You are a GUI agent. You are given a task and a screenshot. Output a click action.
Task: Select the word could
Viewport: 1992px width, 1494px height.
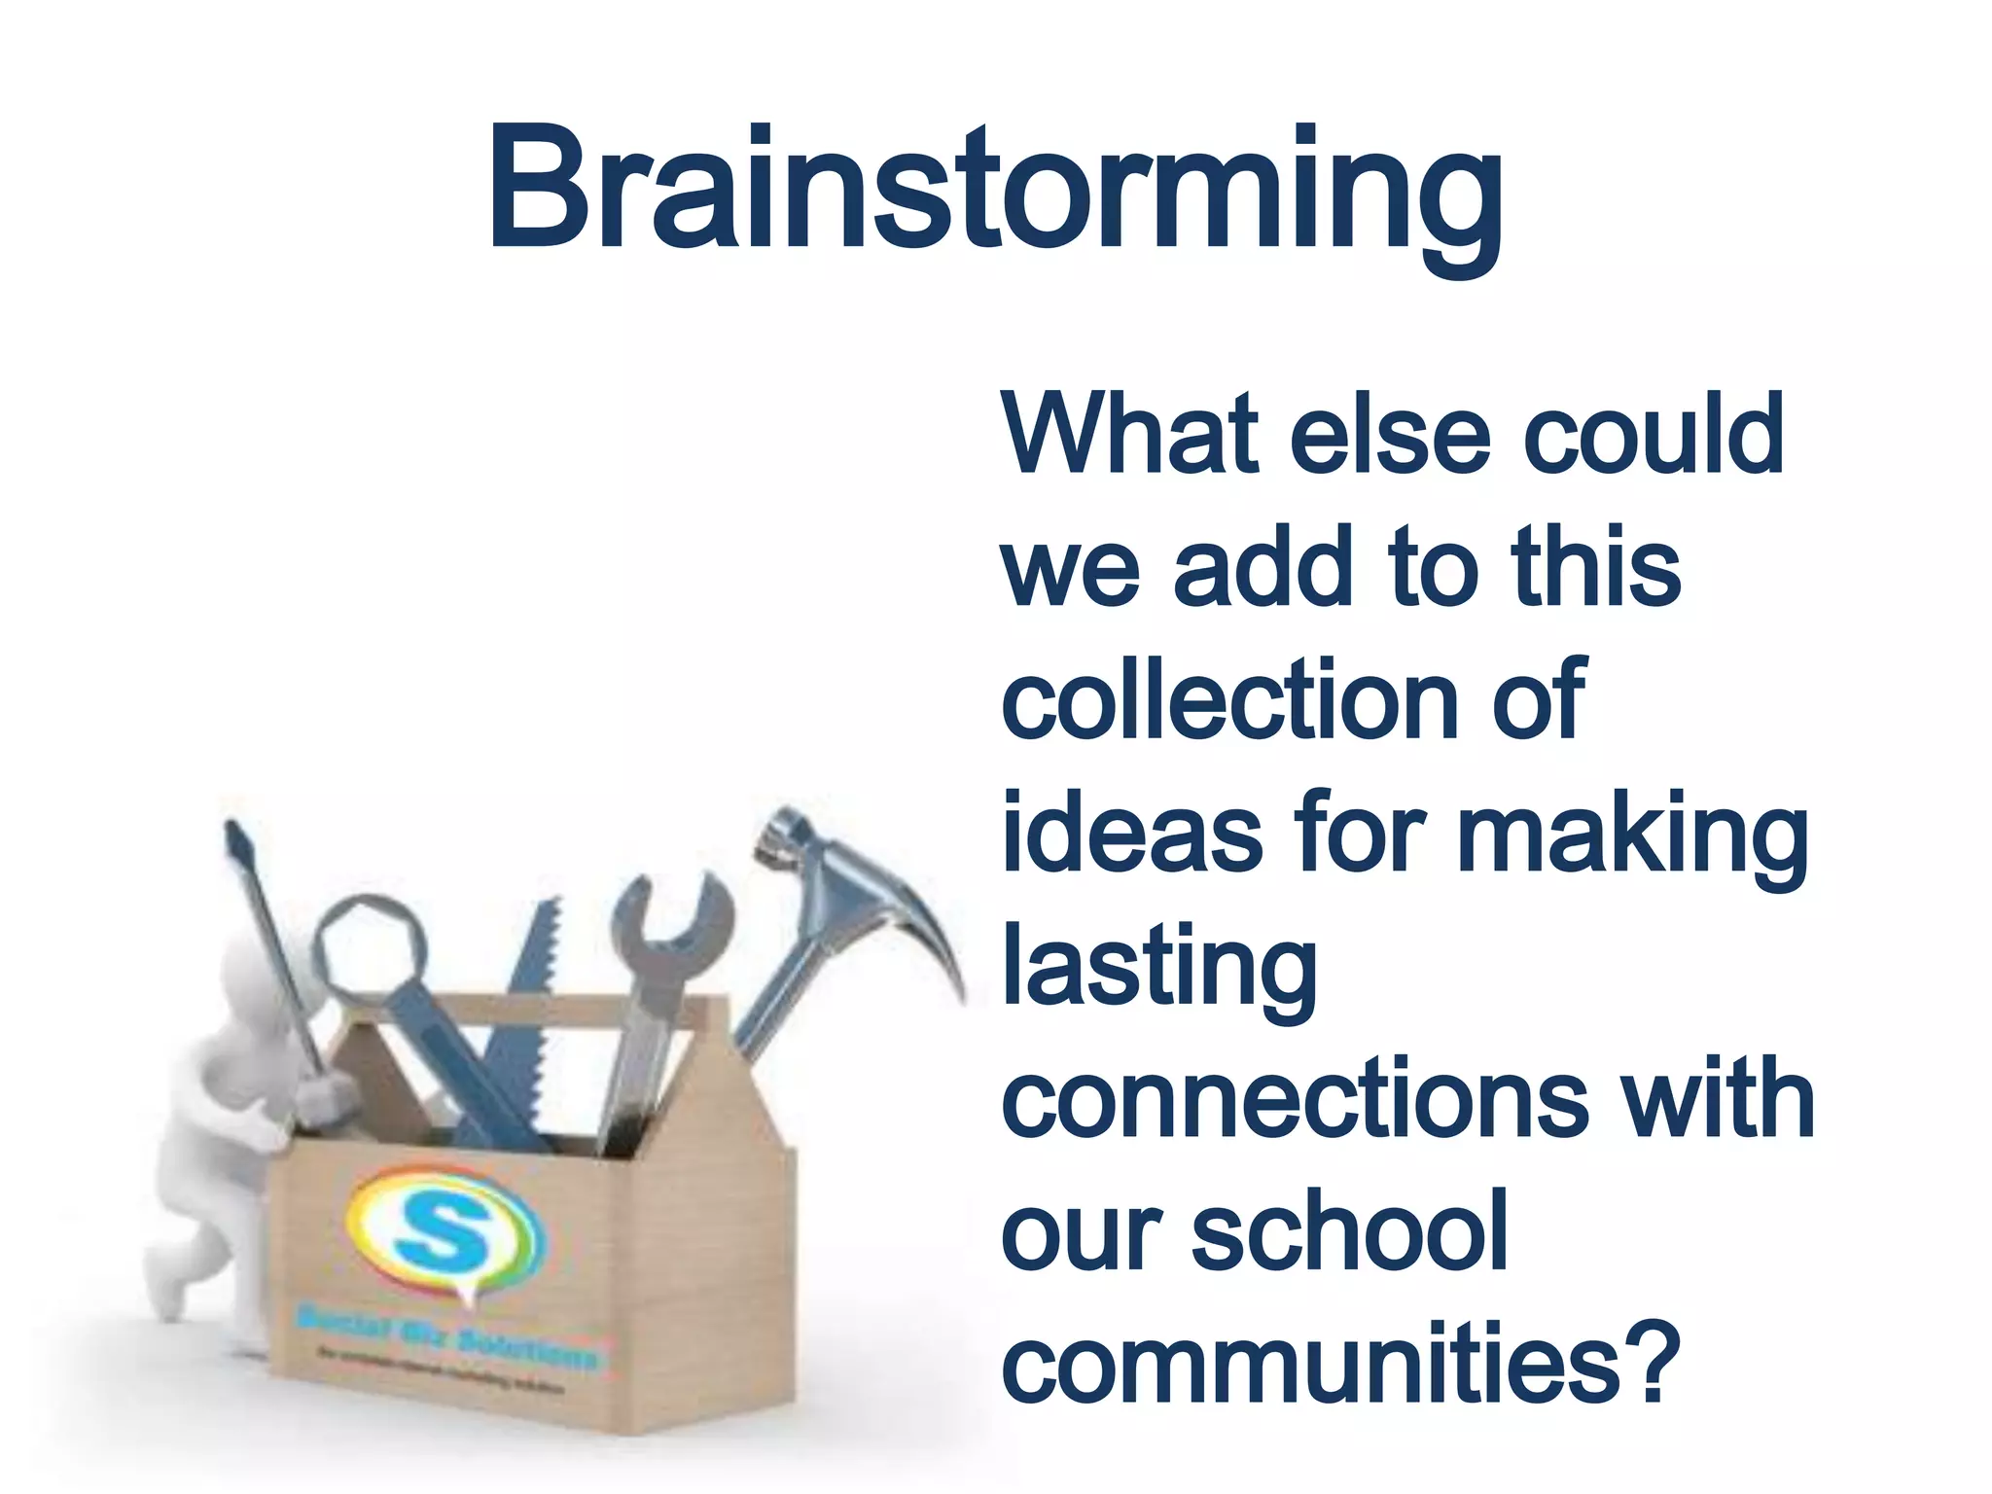(1653, 434)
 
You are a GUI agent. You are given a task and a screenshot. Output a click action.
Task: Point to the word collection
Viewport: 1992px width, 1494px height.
(1229, 699)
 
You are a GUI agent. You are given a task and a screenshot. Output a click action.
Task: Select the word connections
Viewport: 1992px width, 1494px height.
(1295, 1099)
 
